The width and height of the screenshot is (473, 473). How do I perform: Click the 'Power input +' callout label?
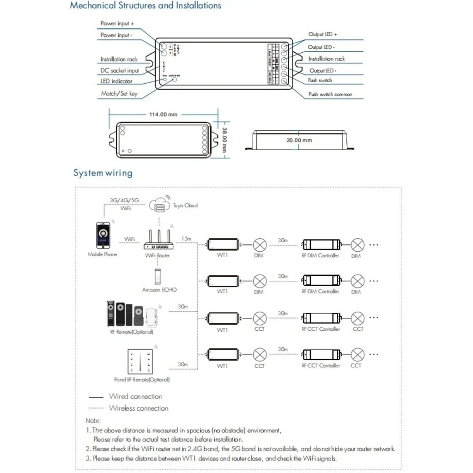[x=117, y=23]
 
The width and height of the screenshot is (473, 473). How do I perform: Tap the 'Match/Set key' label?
[x=119, y=94]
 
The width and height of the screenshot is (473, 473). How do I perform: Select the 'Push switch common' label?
[x=330, y=94]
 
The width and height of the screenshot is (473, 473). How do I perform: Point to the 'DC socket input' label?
[x=120, y=71]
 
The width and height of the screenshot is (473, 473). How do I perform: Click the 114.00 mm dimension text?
[x=163, y=114]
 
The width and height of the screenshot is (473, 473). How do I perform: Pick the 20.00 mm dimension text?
[x=299, y=140]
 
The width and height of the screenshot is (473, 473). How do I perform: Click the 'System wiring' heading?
[x=103, y=173]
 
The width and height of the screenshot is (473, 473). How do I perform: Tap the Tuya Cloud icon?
[x=160, y=205]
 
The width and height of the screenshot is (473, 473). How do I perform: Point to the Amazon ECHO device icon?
[x=159, y=276]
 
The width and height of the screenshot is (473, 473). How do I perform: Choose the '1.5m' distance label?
[x=187, y=238]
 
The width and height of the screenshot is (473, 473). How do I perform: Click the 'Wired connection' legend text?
[x=135, y=396]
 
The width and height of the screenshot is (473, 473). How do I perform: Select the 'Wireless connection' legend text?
[x=139, y=408]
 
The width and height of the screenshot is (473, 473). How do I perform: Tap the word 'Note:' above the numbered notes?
[x=93, y=421]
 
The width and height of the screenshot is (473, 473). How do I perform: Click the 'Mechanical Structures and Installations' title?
[x=146, y=6]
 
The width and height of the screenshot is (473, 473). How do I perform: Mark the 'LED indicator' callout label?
[x=116, y=81]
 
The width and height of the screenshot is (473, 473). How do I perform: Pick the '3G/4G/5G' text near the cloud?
[x=124, y=200]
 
